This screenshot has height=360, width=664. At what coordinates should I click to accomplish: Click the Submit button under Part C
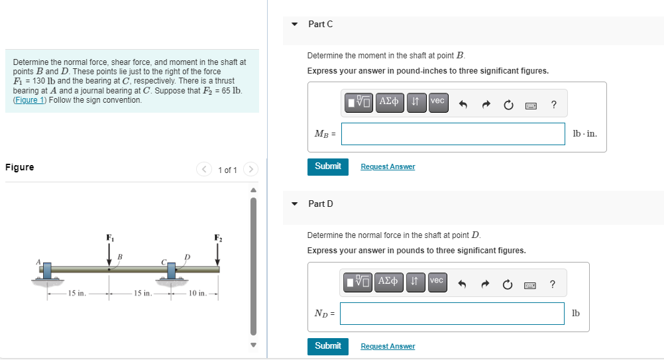tap(327, 166)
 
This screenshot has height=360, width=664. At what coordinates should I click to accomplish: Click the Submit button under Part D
tap(327, 346)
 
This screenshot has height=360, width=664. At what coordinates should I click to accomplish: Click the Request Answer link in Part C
tap(388, 167)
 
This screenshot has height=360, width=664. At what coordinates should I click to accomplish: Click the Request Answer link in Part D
tap(388, 347)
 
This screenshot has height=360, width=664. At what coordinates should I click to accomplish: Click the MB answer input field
tap(453, 134)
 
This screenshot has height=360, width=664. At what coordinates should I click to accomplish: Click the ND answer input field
tap(452, 314)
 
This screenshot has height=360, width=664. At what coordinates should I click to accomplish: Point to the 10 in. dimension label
tap(197, 293)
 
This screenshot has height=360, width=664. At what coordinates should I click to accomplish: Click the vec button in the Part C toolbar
tap(438, 101)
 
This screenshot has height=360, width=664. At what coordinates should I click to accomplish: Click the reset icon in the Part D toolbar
tap(508, 284)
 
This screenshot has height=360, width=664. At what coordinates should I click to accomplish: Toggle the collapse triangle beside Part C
tap(295, 24)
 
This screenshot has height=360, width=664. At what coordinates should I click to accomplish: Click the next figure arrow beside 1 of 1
tap(250, 170)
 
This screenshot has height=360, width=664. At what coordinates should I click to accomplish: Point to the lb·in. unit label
tap(584, 134)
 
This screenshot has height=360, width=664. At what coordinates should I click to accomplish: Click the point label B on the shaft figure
tap(120, 257)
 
